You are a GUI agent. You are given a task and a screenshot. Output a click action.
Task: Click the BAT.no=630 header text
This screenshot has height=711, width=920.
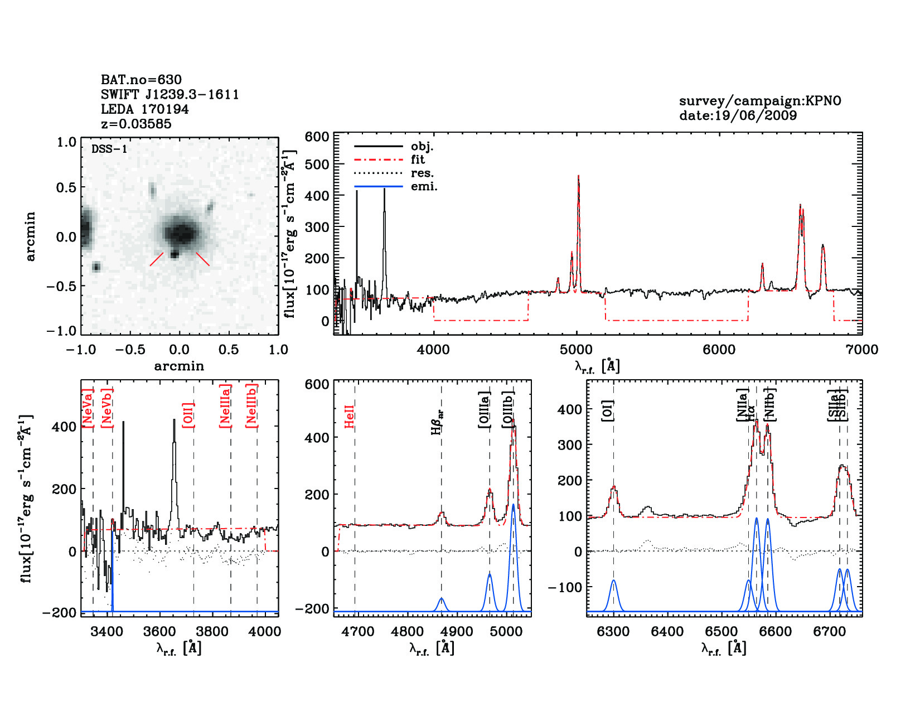pos(141,80)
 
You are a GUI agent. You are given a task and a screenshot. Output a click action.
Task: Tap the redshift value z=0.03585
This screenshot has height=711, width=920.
pos(136,124)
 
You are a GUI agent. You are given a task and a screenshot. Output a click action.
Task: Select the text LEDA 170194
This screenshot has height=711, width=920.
pos(144,109)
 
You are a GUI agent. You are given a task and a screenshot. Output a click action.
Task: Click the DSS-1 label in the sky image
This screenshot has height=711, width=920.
pos(109,149)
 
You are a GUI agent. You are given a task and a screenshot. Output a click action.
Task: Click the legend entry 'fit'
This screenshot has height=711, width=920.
pos(418,160)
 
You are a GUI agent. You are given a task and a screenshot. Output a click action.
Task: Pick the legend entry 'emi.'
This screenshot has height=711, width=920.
pos(424,187)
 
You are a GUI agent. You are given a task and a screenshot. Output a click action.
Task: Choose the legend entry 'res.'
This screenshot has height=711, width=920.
pos(422,173)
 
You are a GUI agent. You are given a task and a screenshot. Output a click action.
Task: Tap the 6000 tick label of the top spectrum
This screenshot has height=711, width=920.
pos(719,350)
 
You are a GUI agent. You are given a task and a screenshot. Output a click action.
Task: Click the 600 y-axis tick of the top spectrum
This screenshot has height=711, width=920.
pos(317,137)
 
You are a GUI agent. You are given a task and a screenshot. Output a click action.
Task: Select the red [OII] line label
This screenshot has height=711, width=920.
pos(188,415)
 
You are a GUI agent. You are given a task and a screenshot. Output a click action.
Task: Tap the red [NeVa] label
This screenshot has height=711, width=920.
pos(87,409)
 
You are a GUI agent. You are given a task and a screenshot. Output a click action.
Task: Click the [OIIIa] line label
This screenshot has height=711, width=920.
pos(485,410)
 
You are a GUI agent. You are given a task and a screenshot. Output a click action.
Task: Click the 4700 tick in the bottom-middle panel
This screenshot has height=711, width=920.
pos(359,631)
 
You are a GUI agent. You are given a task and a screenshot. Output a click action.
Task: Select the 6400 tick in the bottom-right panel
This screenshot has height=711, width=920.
pos(667,631)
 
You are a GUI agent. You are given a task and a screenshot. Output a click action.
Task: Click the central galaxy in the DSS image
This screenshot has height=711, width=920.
pos(180,233)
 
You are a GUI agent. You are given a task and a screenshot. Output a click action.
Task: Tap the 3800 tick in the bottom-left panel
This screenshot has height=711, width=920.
pos(212,631)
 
